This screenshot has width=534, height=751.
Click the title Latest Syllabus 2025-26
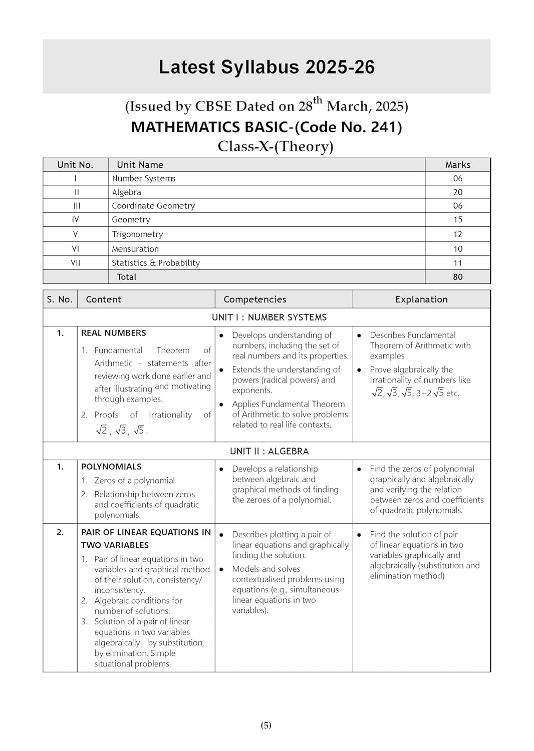coord(266,67)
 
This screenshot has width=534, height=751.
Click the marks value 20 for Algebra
coord(457,192)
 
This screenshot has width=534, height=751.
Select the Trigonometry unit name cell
coord(137,234)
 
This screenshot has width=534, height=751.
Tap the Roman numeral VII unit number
coord(75,263)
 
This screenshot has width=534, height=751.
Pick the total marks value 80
coord(457,277)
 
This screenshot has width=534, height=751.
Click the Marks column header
coord(457,165)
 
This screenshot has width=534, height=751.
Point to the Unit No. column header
coord(75,165)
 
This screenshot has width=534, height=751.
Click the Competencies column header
coord(254,299)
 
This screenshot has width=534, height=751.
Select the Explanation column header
coord(421,299)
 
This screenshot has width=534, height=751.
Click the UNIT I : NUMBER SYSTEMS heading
coord(269,317)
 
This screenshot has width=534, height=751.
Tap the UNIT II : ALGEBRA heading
coord(269,451)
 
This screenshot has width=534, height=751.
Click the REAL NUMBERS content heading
coord(114,333)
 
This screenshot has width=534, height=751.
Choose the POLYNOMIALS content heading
coord(111,467)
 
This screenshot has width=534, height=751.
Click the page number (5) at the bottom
coord(266,725)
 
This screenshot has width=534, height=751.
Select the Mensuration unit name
coord(135,249)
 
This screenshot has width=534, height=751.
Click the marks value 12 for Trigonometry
coord(457,234)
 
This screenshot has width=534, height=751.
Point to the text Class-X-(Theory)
coord(275,146)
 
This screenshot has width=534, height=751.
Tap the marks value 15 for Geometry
coord(457,220)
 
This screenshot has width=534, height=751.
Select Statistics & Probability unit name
coord(156,263)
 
